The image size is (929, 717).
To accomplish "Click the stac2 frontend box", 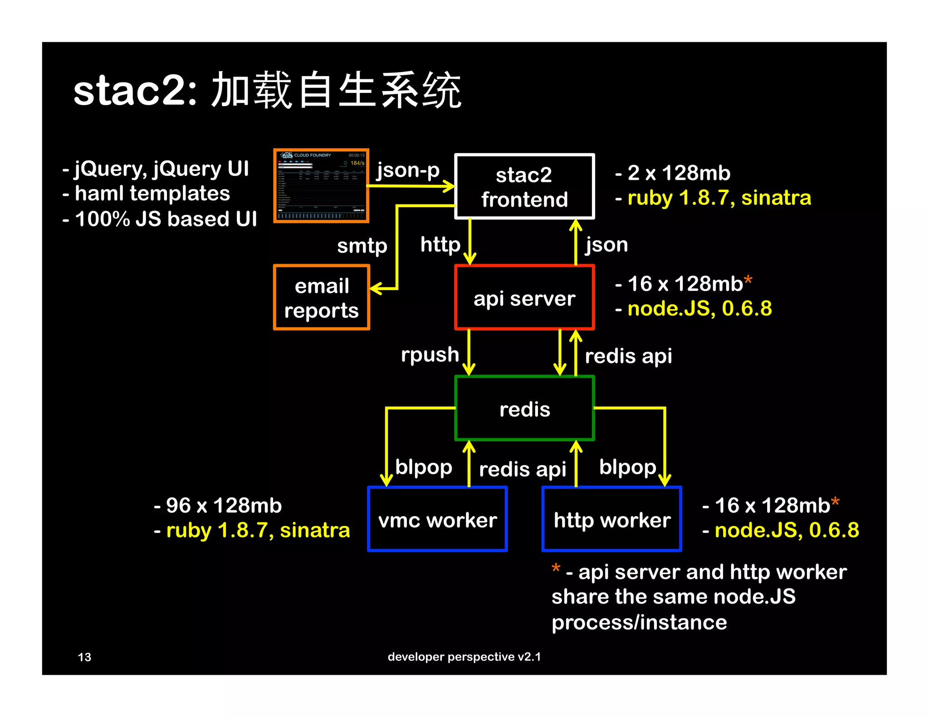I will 524,186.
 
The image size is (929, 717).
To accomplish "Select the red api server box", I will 524,297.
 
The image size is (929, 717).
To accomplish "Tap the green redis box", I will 524,408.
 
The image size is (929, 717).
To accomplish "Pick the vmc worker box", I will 437,519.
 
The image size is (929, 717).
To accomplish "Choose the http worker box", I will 612,519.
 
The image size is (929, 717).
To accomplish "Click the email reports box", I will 322,297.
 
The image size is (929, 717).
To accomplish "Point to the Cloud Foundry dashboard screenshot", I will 321,185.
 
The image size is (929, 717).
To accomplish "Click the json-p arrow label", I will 408,170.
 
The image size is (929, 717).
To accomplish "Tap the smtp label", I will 362,246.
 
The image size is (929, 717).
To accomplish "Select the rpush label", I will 430,354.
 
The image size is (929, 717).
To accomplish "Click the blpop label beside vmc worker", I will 424,467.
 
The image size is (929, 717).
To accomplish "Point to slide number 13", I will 84,657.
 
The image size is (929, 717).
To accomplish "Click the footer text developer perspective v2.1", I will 464,657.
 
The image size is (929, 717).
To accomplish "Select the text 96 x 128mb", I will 223,505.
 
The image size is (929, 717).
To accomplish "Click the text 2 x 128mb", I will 679,173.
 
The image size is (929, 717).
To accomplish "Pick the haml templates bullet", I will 152,194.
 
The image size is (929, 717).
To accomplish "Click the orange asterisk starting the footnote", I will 556,568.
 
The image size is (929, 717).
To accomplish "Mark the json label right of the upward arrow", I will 606,245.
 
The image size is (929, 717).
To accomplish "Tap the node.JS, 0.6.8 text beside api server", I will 699,309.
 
